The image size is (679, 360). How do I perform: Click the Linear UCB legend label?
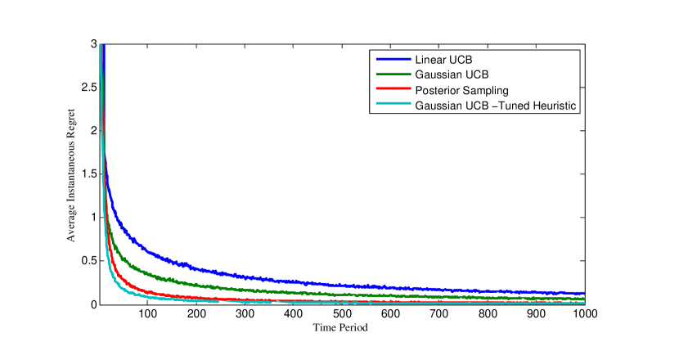(x=443, y=60)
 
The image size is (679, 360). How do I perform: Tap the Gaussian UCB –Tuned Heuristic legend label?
(x=497, y=105)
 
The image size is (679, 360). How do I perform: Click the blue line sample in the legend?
(x=393, y=60)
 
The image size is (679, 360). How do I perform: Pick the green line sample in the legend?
(x=393, y=74)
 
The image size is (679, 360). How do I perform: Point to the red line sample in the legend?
(x=393, y=90)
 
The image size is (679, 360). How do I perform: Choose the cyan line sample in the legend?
(x=393, y=105)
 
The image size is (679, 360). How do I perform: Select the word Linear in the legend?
(x=430, y=60)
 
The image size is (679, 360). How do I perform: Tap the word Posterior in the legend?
(x=438, y=90)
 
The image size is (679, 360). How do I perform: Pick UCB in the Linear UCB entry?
(x=460, y=60)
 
